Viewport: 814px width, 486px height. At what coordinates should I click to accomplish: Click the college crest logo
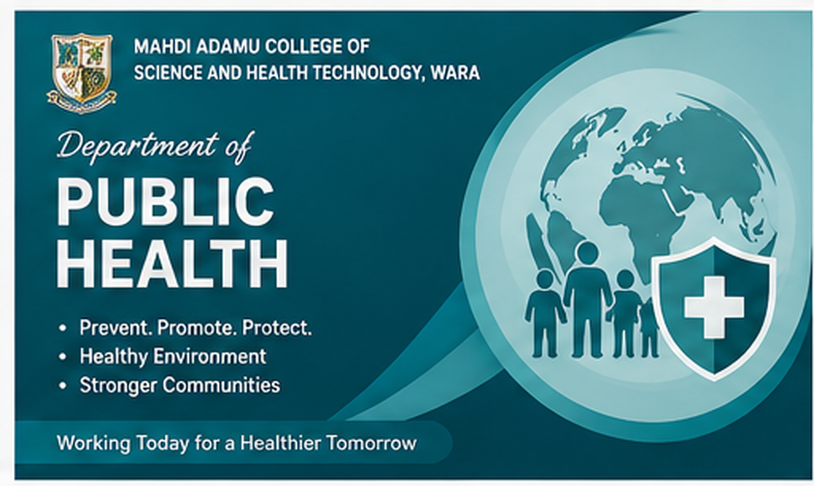point(82,73)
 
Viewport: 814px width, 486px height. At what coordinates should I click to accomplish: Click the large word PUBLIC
point(166,202)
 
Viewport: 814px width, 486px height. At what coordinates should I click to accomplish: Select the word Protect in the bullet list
point(277,327)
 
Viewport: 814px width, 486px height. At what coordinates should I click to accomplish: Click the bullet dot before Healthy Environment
point(63,357)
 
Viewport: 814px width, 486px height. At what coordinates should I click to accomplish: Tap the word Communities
point(221,385)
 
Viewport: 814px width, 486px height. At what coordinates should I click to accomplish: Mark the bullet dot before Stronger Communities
point(63,385)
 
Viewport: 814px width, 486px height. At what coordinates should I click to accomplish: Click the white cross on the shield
point(714,307)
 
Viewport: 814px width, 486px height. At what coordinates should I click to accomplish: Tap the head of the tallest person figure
point(587,253)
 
